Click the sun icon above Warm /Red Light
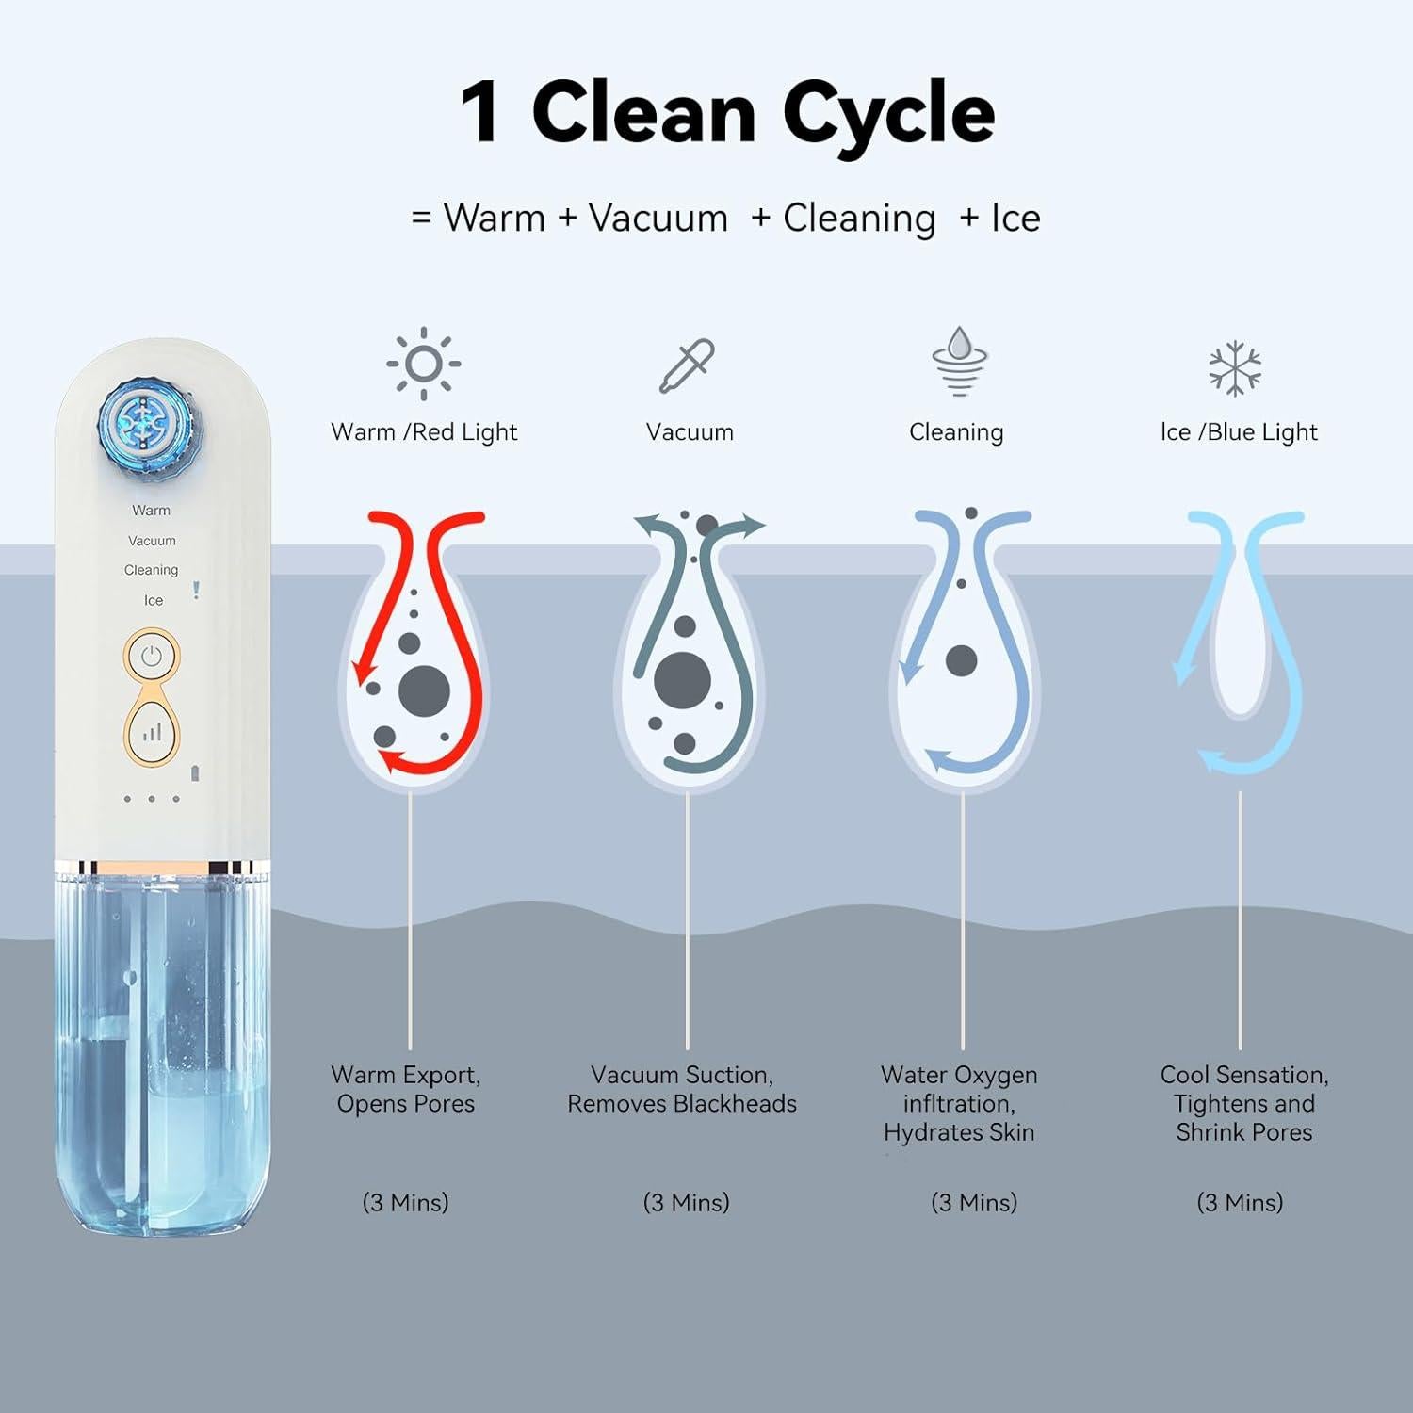point(423,364)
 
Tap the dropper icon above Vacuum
point(687,365)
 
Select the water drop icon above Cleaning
point(959,362)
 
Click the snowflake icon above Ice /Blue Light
point(1235,367)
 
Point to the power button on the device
point(152,657)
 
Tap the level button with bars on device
point(152,732)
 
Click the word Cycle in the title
point(888,114)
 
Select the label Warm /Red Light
point(424,432)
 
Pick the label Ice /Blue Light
point(1239,432)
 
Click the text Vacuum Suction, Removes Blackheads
point(682,1089)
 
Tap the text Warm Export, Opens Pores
point(406,1089)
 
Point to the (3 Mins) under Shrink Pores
point(1240,1202)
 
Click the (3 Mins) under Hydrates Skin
point(974,1202)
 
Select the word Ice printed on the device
point(154,600)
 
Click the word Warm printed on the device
point(152,511)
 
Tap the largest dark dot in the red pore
point(424,690)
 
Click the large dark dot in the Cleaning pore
point(961,660)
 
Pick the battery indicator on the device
point(196,773)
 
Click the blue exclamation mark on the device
point(196,590)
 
